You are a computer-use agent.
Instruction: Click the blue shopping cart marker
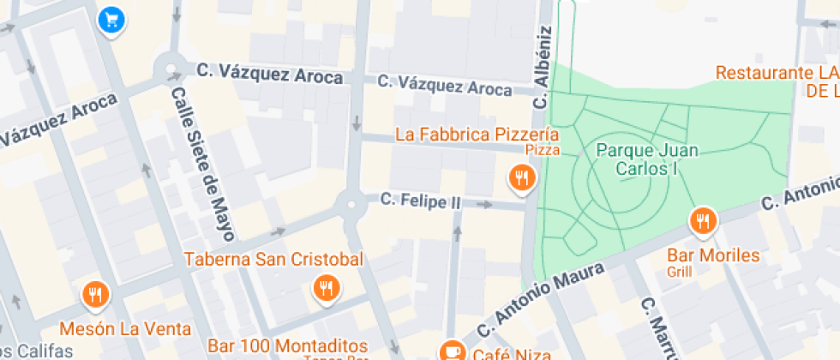coord(111,19)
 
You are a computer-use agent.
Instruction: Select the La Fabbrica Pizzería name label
coord(477,135)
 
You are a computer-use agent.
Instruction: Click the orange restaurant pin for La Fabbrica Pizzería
coord(521,177)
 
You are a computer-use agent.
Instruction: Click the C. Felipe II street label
coord(420,201)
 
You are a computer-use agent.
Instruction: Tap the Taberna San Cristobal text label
coord(274,259)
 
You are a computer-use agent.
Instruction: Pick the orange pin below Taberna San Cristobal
coord(325,288)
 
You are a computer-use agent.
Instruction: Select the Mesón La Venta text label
coord(125,327)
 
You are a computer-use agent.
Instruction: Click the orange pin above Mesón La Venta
coord(95,296)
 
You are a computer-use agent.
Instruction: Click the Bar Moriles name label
coord(713,255)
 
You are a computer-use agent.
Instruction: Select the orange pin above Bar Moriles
coord(702,221)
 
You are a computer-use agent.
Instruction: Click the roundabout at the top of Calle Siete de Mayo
coord(169,66)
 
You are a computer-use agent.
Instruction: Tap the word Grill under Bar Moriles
coord(680,273)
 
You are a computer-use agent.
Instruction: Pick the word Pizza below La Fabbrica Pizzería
coord(543,151)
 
